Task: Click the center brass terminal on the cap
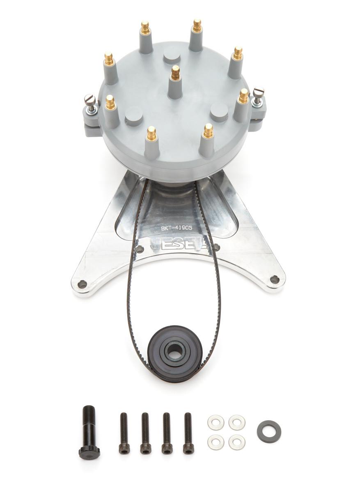tap(175, 73)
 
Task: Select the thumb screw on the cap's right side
tap(258, 93)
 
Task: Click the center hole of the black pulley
tap(175, 350)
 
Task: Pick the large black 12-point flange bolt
tap(89, 431)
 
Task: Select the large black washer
tap(269, 432)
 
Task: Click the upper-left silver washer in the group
tap(216, 422)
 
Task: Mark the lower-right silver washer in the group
tap(237, 442)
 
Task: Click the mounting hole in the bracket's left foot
tap(82, 284)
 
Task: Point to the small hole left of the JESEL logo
tap(140, 249)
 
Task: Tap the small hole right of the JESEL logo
tap(216, 247)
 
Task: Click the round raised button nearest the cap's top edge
tap(172, 55)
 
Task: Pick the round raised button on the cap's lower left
tap(134, 115)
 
